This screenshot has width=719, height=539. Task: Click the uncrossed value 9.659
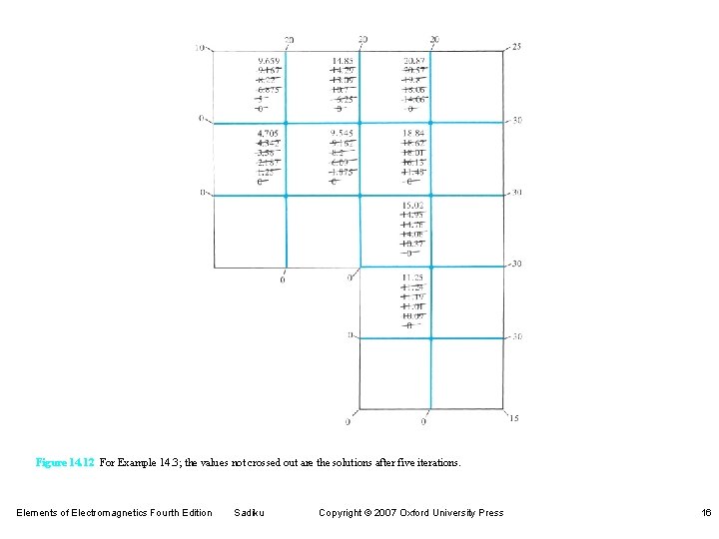coord(269,60)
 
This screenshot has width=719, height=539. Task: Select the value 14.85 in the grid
coord(344,60)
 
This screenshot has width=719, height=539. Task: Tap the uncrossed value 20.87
coord(415,60)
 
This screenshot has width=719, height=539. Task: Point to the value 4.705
coord(268,133)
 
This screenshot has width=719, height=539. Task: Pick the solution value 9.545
coord(343,133)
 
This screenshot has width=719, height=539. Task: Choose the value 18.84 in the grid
coord(414,133)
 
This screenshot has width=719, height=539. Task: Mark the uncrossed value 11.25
coord(412,277)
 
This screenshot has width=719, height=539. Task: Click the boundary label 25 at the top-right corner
coord(515,47)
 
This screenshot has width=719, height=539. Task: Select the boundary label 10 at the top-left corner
coord(201,47)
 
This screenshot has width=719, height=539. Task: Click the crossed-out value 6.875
coord(269,90)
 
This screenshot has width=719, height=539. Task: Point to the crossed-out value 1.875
coord(343,172)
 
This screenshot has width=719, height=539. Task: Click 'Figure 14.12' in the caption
coord(65,463)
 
